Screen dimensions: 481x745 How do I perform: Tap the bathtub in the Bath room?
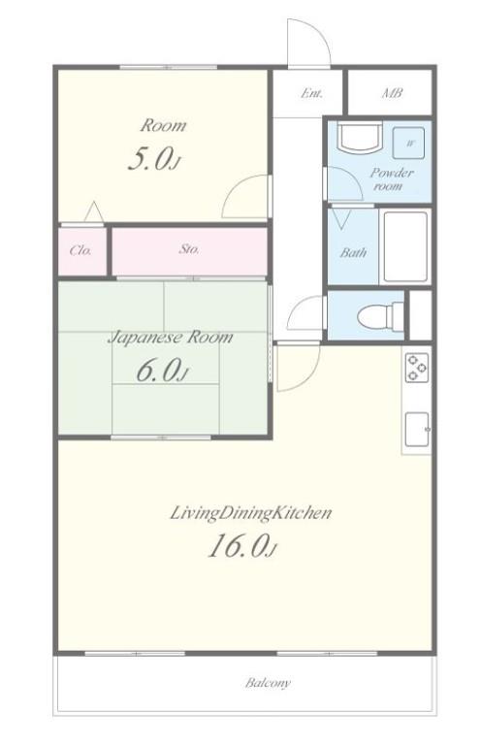click(406, 246)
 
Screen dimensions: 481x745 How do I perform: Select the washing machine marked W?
click(408, 143)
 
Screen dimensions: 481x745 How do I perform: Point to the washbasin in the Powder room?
click(360, 137)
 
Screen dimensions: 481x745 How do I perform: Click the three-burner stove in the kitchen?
click(416, 368)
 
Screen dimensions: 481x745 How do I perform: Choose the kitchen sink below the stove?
click(417, 430)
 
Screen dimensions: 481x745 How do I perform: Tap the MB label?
click(392, 93)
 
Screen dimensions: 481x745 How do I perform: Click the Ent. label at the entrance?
click(312, 93)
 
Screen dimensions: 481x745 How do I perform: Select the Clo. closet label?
click(80, 250)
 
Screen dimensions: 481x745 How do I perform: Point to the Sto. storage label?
click(189, 248)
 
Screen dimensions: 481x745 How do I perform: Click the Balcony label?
click(268, 683)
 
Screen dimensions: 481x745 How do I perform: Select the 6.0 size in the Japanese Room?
click(162, 371)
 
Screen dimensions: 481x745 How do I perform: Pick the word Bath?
click(353, 252)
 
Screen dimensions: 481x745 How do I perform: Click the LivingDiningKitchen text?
click(250, 513)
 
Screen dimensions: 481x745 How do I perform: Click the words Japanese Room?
click(171, 338)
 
